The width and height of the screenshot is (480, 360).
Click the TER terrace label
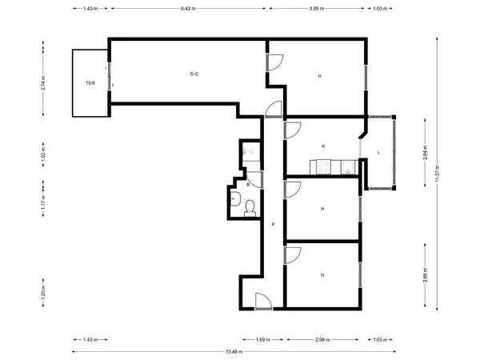point(90,83)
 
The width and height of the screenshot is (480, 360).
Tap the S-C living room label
point(194,74)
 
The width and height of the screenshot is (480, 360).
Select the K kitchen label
point(323,146)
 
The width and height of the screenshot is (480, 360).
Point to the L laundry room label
point(378,153)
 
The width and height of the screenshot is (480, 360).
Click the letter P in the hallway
point(273,224)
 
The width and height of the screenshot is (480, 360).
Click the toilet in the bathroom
point(250,208)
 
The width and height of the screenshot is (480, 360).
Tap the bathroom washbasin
point(235,198)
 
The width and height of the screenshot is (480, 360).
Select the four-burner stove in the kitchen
point(323,167)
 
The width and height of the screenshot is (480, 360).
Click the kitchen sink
point(348,167)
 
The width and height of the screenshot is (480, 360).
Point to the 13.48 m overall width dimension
point(234,352)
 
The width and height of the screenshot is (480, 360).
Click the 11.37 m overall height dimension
point(437,174)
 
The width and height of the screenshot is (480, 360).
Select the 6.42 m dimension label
point(188,9)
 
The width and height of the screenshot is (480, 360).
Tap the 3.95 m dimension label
point(317,9)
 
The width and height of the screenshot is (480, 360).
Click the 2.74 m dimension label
point(43,83)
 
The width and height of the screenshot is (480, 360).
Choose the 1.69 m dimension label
point(263,339)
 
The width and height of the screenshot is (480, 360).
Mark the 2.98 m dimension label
point(322,339)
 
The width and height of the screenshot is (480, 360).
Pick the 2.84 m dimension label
point(425,153)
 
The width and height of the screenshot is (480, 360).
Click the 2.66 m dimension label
point(425,275)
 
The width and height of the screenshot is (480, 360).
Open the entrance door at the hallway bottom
point(263,302)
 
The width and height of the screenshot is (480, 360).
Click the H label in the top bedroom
point(319,76)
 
